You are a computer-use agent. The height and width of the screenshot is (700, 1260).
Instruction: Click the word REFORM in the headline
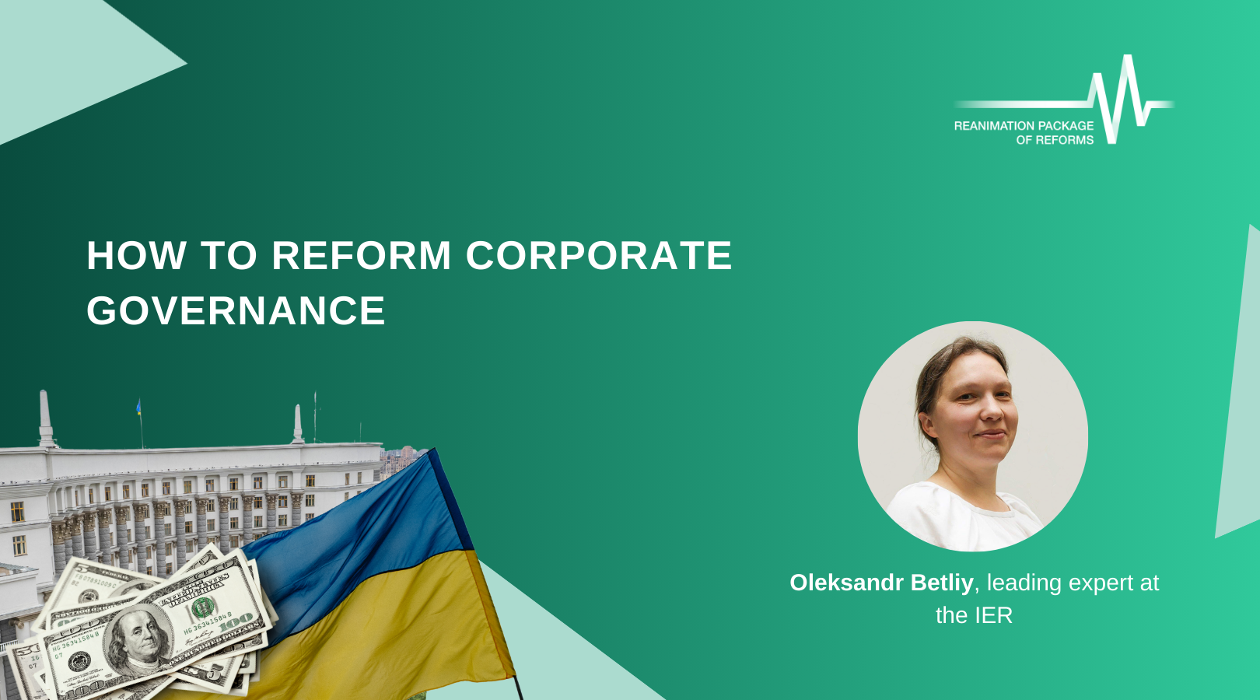(x=362, y=255)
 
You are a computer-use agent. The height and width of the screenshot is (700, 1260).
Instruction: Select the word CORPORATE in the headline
(x=599, y=255)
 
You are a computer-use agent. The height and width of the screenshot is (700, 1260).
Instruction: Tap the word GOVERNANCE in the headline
(x=236, y=310)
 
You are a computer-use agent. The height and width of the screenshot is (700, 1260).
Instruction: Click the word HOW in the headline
(x=136, y=255)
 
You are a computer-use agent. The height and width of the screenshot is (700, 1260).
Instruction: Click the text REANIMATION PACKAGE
(x=1024, y=125)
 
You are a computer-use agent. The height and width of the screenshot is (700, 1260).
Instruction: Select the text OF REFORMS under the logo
(x=1055, y=139)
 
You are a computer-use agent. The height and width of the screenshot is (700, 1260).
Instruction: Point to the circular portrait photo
(x=972, y=436)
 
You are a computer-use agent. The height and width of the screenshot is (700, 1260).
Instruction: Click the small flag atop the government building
(x=138, y=408)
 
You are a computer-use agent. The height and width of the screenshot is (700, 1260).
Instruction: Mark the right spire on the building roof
(x=298, y=423)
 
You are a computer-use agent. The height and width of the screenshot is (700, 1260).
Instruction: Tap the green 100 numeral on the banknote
(x=202, y=607)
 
